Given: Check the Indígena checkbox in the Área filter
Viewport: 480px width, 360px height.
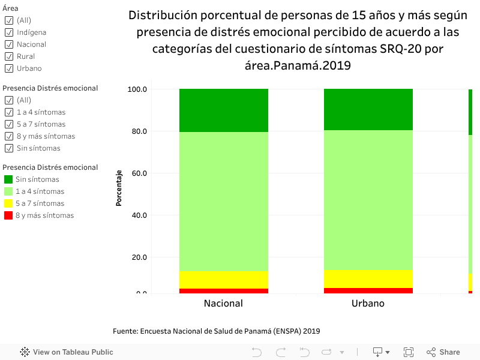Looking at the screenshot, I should pos(9,32).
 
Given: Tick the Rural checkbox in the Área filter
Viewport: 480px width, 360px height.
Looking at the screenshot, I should pos(9,56).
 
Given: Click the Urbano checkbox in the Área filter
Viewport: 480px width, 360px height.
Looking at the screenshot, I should pos(9,68).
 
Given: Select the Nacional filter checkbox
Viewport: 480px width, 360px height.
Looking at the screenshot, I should pos(9,44).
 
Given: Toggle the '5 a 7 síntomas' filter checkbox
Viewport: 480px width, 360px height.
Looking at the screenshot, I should pos(9,124).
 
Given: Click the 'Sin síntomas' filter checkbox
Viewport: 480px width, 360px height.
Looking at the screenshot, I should pos(9,148).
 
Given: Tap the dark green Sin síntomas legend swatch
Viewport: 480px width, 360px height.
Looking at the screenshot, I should pos(8,179).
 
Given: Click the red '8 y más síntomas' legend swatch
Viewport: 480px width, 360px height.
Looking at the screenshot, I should pos(8,215).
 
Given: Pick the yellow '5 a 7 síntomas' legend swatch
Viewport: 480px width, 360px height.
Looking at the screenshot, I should pos(8,203).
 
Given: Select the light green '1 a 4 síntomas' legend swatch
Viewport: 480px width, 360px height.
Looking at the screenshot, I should pos(8,191).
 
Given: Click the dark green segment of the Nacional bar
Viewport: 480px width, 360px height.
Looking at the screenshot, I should pos(223,110).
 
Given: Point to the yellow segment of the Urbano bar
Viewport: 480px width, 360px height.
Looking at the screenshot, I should pos(368,278).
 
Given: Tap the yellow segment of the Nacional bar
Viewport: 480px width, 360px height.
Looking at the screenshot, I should pos(223,280).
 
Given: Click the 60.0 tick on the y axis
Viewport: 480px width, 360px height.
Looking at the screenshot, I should pos(139,173).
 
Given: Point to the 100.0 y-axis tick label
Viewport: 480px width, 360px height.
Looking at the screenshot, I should pos(137,89).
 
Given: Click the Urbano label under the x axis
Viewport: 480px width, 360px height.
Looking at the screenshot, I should pos(368,304).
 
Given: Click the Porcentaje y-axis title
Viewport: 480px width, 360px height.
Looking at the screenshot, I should pos(119,188).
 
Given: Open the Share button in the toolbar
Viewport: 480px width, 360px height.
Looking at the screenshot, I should pos(443,352).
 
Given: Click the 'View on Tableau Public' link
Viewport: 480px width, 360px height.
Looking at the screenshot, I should pos(67,352).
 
